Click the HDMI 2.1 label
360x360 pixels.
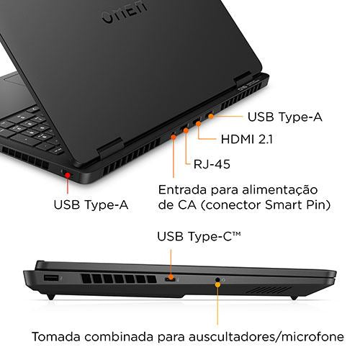[247, 140]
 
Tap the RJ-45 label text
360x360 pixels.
[212, 164]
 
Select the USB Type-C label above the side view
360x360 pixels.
[199, 236]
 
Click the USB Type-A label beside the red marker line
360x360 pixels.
[91, 205]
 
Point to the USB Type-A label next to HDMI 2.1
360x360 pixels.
[285, 117]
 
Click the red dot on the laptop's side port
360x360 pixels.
[68, 175]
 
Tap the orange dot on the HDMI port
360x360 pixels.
[198, 124]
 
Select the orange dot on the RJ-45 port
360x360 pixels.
[186, 130]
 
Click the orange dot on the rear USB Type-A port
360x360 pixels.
[211, 117]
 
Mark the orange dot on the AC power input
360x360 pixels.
[174, 137]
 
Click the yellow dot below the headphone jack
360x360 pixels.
[217, 285]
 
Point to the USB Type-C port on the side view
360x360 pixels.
[171, 279]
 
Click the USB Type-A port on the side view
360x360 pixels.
[51, 279]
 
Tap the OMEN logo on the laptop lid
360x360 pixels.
[125, 12]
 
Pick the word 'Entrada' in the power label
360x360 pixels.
[182, 190]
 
